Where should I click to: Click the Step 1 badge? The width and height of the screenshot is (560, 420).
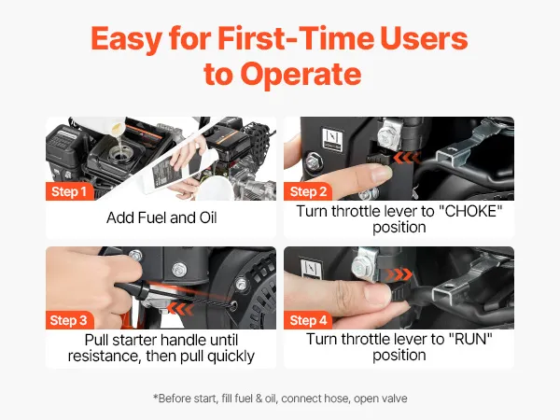[x=70, y=191]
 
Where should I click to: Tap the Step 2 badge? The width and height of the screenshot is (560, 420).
[x=308, y=191]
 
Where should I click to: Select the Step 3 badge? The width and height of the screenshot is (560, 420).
[x=69, y=320]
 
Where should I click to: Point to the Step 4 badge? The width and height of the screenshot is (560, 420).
[x=308, y=320]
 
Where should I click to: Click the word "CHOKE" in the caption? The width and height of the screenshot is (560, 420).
[x=470, y=212]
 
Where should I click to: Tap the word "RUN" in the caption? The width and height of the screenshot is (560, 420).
[x=470, y=340]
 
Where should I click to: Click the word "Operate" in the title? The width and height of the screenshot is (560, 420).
[x=301, y=75]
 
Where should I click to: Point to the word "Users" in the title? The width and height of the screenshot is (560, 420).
[x=424, y=38]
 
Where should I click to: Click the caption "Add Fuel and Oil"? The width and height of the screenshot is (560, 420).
[x=161, y=217]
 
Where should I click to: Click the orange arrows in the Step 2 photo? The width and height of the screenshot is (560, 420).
[x=406, y=158]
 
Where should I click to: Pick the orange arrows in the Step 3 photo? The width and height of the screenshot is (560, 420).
[x=181, y=309]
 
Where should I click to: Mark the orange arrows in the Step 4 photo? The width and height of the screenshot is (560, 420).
[x=399, y=274]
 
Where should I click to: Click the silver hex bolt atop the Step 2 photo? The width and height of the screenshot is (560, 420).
[x=388, y=135]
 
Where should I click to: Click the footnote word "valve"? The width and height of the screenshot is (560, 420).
[x=395, y=399]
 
